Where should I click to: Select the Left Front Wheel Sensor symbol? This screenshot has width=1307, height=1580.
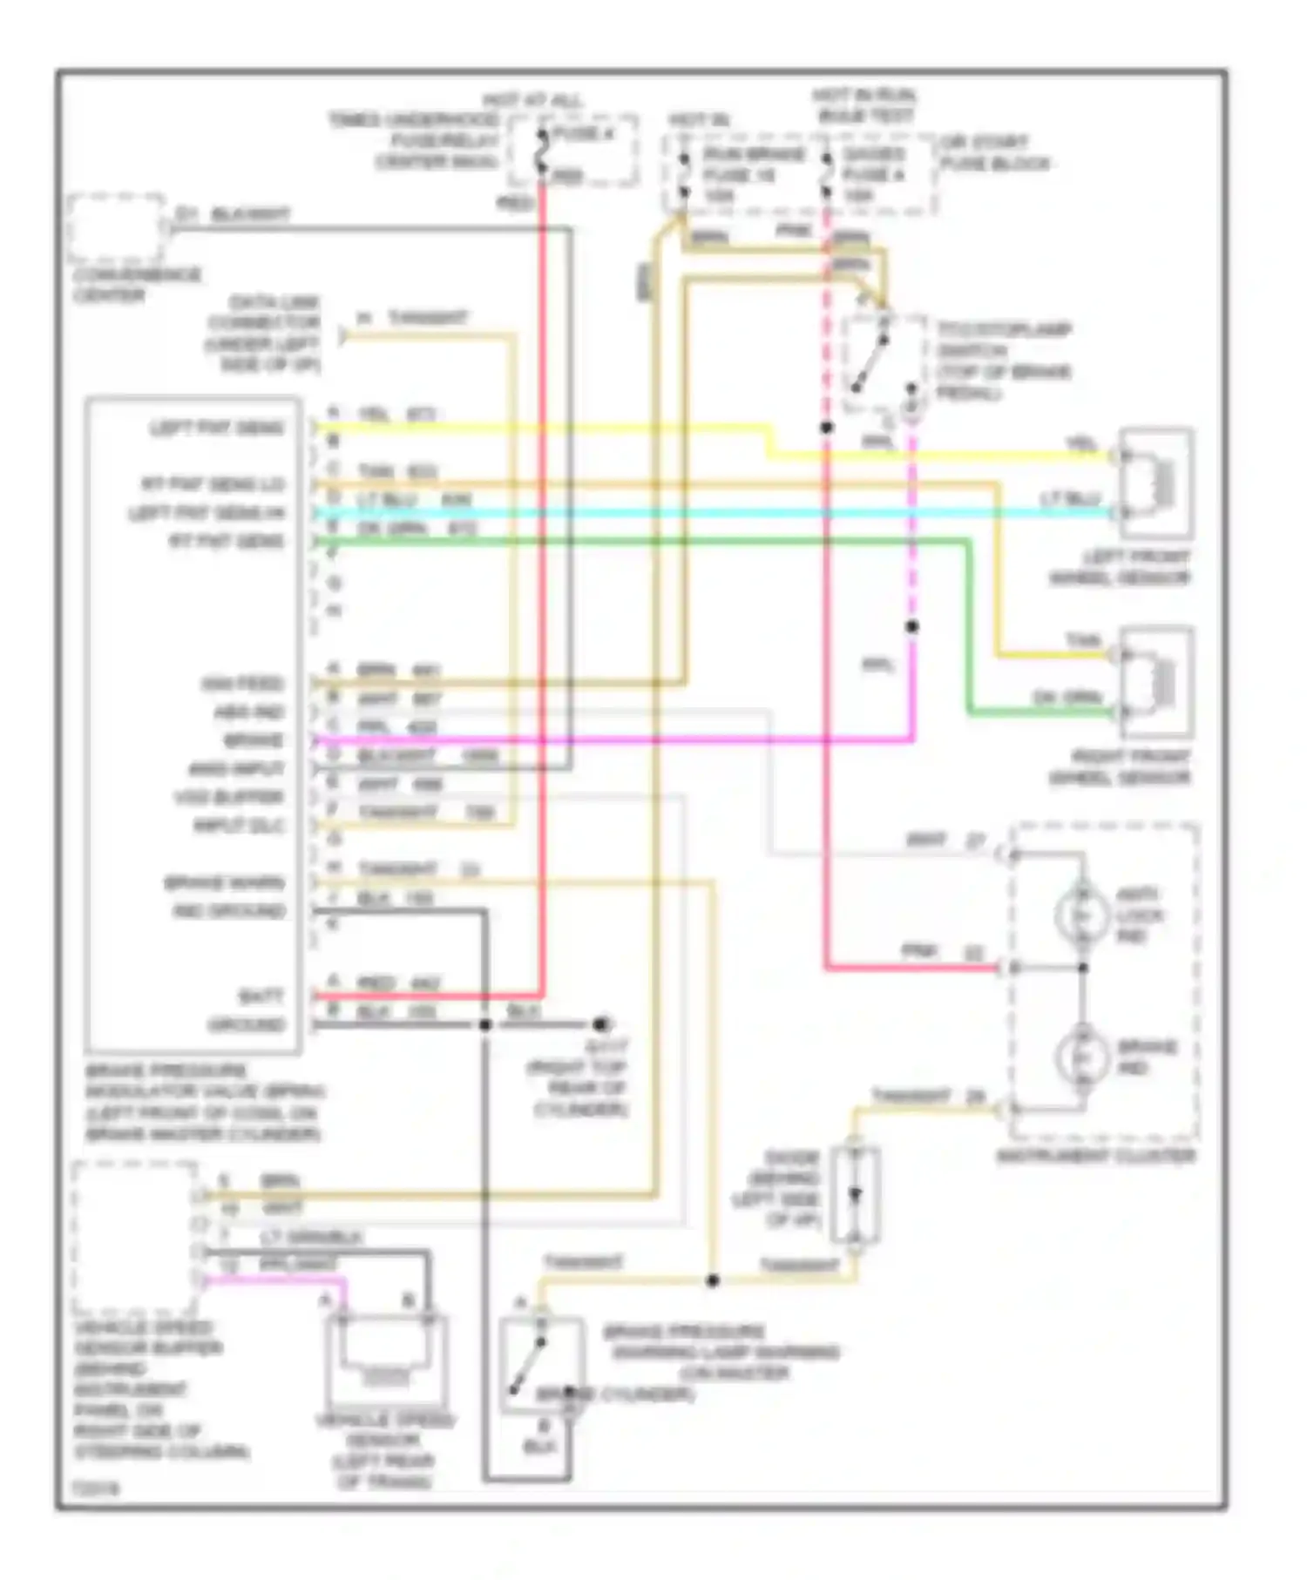click(x=1156, y=483)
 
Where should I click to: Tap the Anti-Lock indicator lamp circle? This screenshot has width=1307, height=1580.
click(x=1081, y=915)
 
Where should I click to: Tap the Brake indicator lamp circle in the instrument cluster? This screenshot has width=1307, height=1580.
click(x=1081, y=1057)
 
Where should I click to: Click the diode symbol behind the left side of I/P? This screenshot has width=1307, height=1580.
click(x=855, y=1194)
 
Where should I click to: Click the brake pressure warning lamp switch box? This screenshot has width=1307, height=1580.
click(x=540, y=1365)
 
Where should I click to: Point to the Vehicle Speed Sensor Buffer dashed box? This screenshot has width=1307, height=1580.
click(x=134, y=1238)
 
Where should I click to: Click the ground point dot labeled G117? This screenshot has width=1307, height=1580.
click(x=600, y=1024)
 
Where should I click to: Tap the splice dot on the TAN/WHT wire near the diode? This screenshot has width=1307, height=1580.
click(x=713, y=1280)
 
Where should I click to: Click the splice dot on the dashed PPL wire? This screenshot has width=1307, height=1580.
click(x=911, y=627)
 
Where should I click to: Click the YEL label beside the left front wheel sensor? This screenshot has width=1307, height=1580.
click(x=1081, y=444)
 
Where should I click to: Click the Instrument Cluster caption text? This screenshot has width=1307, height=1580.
click(x=1095, y=1156)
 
